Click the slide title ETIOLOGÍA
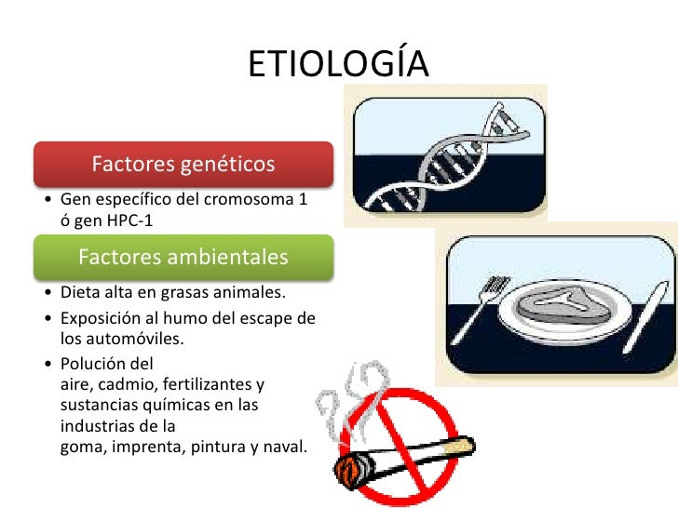(338, 64)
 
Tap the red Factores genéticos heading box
(183, 165)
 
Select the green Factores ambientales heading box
(183, 257)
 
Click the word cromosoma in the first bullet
(249, 200)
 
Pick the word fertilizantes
(212, 383)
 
